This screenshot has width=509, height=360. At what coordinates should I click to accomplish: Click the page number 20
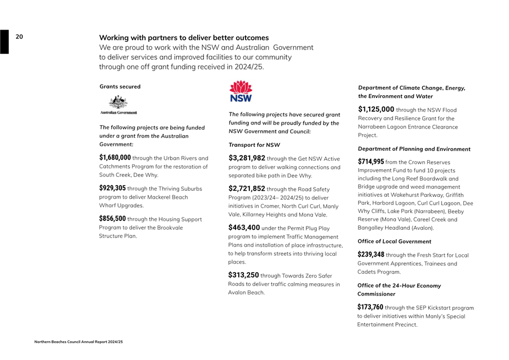(19, 37)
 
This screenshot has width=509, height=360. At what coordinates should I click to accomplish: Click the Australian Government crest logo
(118, 104)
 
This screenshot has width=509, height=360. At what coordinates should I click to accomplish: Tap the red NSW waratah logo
(241, 91)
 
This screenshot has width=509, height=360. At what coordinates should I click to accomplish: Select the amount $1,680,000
(115, 157)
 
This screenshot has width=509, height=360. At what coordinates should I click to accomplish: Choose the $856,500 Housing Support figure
(112, 219)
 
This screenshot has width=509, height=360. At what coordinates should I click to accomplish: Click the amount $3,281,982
(247, 158)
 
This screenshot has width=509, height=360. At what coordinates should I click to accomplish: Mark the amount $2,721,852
(247, 189)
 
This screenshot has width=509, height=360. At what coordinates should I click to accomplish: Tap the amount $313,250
(244, 275)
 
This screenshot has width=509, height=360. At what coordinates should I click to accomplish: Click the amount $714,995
(371, 161)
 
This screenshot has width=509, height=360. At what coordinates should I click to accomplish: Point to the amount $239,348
(371, 255)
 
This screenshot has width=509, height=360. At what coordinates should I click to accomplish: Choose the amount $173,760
(370, 307)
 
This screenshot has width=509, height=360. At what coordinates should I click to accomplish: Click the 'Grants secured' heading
(120, 87)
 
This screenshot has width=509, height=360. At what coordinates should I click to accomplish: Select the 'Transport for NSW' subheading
(254, 145)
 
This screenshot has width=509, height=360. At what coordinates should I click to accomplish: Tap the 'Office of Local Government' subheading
(394, 241)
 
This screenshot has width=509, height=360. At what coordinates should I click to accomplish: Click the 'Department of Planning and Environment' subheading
(414, 149)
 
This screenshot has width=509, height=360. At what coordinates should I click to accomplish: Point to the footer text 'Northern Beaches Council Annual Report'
(79, 342)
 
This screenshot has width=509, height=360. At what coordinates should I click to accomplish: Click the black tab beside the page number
(4, 42)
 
